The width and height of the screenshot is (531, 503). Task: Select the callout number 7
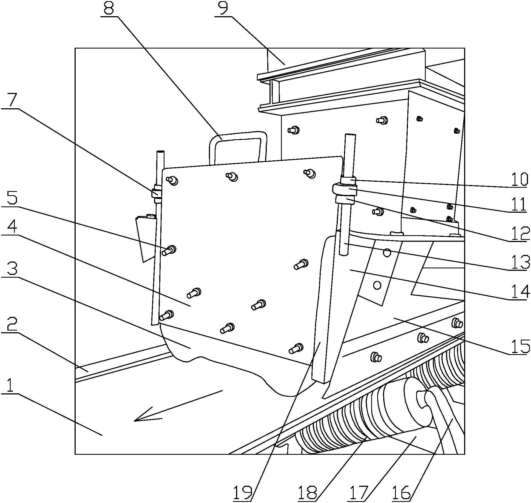click(x=9, y=100)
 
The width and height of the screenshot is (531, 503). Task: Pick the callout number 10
click(x=518, y=180)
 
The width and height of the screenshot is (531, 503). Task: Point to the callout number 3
click(x=9, y=269)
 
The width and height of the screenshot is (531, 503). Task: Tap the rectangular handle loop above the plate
click(x=238, y=145)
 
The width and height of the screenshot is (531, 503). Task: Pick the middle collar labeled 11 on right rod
click(x=345, y=189)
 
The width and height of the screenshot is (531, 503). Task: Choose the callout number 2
click(x=9, y=325)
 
